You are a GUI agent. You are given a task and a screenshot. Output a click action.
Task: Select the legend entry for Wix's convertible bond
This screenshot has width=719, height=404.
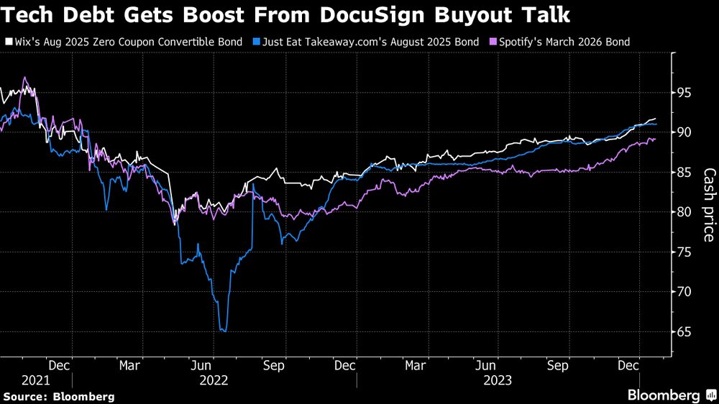coord(123,42)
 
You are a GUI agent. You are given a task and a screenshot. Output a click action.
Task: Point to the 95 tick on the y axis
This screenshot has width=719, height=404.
coord(685,93)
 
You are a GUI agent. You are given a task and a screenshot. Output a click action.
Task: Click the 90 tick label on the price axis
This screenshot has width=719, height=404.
coord(685,132)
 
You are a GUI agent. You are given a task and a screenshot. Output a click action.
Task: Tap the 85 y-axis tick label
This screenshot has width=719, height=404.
coord(685,173)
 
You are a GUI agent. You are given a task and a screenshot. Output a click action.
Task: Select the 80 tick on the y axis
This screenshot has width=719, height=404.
coord(685,212)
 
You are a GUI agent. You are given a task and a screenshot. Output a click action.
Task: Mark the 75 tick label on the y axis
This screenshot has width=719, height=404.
coord(685,252)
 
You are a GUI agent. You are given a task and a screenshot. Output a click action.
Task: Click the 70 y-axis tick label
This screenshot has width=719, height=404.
coord(685,292)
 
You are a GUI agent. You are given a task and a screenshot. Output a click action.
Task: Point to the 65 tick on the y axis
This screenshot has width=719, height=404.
coord(685,332)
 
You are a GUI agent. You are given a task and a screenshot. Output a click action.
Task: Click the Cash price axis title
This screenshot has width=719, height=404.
coord(708,205)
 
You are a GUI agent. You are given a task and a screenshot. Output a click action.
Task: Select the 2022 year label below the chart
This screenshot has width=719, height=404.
coord(214,380)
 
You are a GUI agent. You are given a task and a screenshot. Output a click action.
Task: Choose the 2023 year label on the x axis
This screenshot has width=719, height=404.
coord(497,380)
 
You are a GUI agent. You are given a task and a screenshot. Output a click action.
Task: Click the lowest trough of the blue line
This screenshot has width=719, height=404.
coord(224,331)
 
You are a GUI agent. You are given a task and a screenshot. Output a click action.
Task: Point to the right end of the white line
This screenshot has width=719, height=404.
coord(655,119)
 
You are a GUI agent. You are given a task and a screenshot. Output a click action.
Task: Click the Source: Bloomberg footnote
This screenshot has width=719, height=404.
coord(58,396)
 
